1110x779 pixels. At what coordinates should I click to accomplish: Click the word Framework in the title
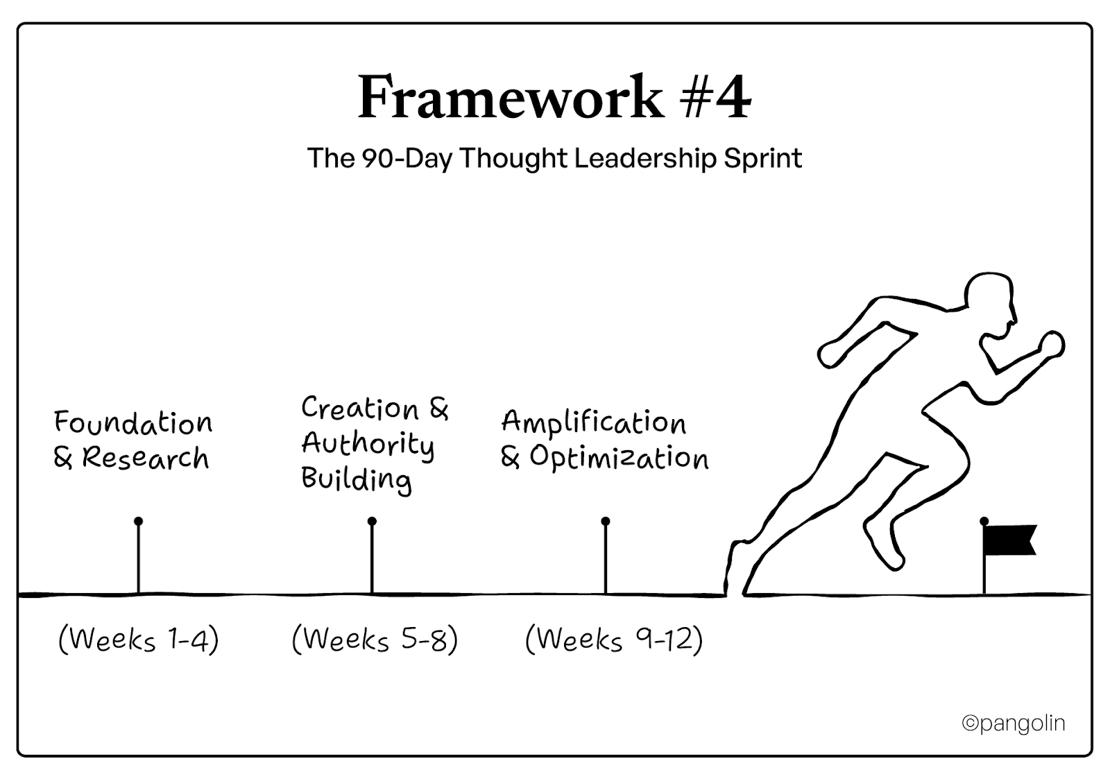511,98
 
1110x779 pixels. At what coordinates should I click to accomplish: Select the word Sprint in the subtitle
763,159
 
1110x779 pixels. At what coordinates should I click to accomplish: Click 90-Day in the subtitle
407,159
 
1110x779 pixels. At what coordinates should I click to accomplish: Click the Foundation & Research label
132,440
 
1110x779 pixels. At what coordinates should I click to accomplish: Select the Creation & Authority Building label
373,443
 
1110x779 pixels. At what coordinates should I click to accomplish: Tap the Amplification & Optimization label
604,440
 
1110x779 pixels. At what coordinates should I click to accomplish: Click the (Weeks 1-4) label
139,639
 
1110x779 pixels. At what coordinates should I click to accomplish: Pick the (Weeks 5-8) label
375,639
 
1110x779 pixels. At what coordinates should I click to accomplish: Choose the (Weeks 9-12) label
614,639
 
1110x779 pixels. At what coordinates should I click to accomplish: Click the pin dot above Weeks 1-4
139,521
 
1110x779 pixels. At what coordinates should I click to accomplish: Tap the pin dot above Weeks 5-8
372,521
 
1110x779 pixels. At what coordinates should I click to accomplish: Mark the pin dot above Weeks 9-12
606,521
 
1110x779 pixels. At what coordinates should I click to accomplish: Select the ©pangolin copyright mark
1013,724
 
